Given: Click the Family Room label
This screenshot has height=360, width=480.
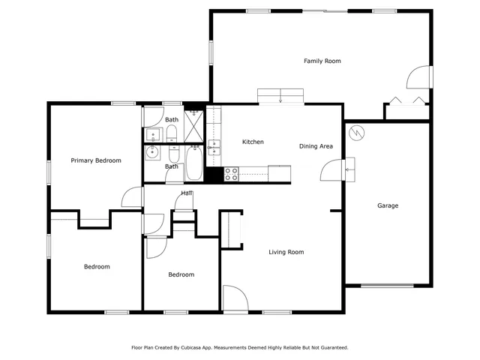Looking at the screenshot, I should pos(322,61).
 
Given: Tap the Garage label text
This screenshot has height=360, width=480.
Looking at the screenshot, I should pos(387,205).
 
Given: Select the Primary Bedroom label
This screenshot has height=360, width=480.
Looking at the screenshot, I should pos(96,160).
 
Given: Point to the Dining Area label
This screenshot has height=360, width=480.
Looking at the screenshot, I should pos(316,146).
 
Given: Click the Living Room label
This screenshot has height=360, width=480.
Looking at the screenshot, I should pos(286,252).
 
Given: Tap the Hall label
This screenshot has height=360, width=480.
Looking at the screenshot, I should pos(186,193).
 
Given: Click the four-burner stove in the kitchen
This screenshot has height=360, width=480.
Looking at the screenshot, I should pos(232,174).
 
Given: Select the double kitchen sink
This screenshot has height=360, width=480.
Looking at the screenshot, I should pos(214,147).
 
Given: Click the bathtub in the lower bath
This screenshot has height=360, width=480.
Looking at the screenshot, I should pos(193,164).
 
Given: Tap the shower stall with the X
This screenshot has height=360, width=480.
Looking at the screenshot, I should pos(194,127).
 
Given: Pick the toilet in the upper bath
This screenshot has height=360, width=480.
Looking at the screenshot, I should pos(172,133).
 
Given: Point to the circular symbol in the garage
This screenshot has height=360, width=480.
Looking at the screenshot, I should pos(358,132).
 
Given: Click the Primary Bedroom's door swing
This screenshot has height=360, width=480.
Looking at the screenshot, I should pos(133,196).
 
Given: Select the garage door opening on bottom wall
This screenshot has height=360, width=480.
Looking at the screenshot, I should pos(387,285).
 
